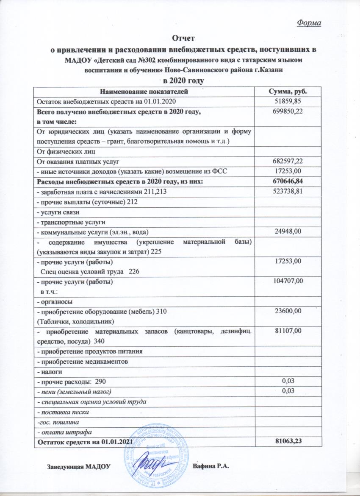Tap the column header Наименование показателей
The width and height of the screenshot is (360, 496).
point(144,91)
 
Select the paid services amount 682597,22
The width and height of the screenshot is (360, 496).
point(288,160)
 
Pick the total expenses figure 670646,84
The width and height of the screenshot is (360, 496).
point(288,181)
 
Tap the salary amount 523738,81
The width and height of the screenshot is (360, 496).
point(288,192)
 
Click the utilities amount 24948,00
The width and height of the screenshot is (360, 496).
point(288,231)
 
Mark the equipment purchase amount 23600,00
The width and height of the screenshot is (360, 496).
point(288,312)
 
